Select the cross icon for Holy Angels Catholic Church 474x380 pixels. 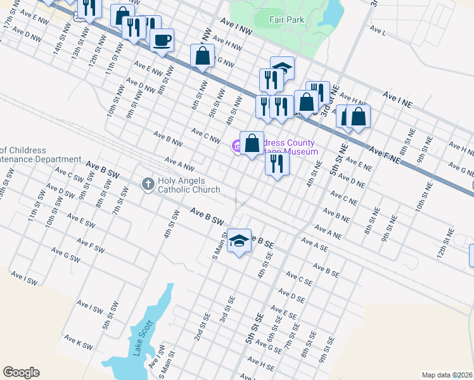(148, 184)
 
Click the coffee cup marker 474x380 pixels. (162, 41)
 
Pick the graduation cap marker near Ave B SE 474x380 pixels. (239, 240)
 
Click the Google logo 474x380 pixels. (21, 372)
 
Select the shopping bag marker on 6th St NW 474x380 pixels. (202, 55)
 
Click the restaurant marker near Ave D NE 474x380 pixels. (277, 163)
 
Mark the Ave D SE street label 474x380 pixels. (292, 296)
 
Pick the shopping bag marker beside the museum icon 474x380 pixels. (252, 143)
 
